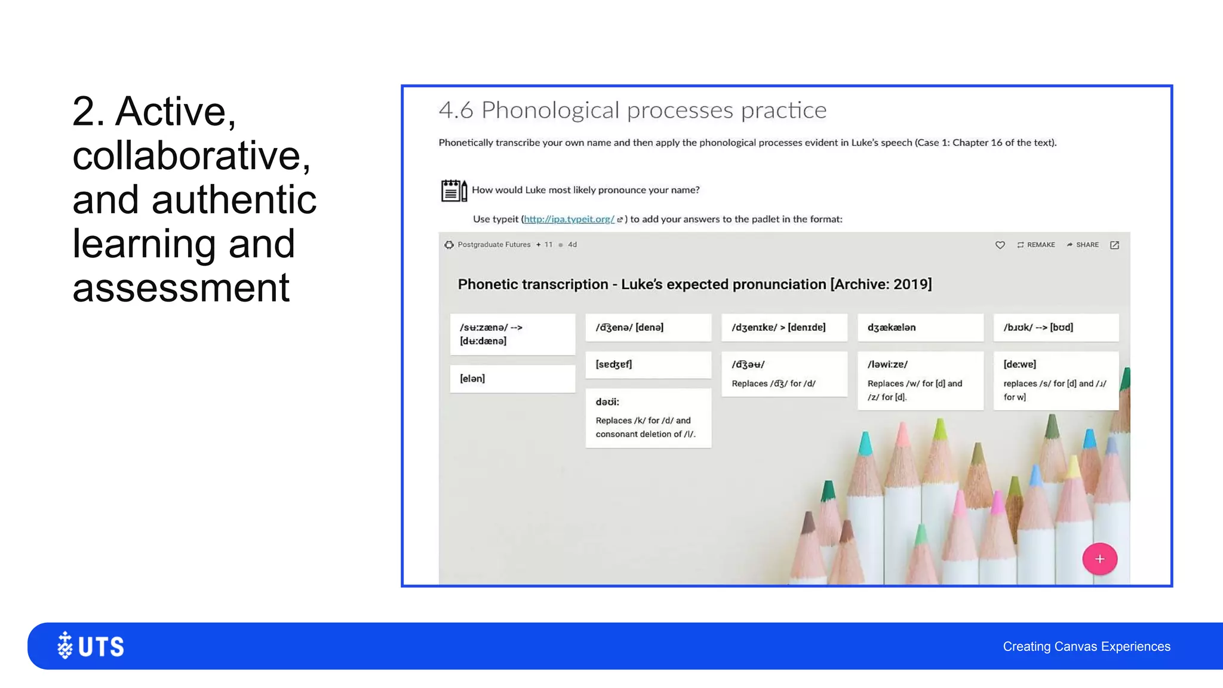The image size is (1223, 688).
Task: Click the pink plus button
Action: pos(1099,559)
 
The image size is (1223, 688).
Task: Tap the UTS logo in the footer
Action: pos(91,646)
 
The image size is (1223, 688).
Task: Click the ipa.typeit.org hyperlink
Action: pos(569,219)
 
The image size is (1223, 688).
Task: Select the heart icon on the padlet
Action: pos(1000,245)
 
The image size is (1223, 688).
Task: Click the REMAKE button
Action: pos(1036,245)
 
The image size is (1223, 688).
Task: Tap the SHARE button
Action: pos(1083,245)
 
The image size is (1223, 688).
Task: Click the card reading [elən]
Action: pos(512,379)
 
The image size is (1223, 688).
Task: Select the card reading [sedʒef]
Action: pos(648,364)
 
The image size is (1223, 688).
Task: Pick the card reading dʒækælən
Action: pos(920,327)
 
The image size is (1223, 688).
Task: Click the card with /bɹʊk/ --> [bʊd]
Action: pos(1055,327)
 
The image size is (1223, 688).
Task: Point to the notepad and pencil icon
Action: pos(453,191)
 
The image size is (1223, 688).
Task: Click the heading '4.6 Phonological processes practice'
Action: pos(632,110)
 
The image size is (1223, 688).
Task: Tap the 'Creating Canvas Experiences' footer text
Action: pos(1086,646)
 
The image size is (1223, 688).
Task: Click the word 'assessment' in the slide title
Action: pos(181,288)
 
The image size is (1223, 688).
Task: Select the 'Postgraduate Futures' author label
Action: pos(494,245)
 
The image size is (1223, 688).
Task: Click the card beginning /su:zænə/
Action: pos(512,334)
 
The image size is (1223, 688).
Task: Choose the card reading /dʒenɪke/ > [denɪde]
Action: pos(783,327)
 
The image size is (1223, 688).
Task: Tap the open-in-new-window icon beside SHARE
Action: pos(1114,245)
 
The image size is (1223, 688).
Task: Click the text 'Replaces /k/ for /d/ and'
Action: pos(643,420)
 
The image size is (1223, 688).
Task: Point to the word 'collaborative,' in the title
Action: pos(192,156)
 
